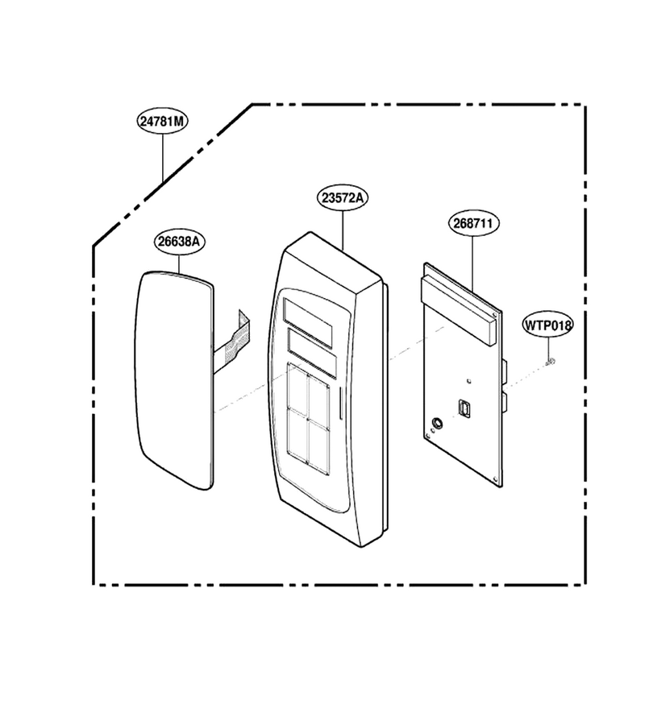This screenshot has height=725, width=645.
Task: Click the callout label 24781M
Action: tap(162, 121)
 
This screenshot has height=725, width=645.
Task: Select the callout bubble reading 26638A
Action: tap(179, 242)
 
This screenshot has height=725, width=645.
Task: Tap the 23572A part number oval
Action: tap(343, 198)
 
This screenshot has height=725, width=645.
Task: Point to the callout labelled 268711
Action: tap(473, 223)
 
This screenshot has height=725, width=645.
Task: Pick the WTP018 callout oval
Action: tap(548, 325)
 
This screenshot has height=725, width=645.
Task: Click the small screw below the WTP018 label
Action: tap(550, 361)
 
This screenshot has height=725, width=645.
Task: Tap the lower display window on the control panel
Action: tap(312, 351)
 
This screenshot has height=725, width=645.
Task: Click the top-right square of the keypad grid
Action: tap(318, 401)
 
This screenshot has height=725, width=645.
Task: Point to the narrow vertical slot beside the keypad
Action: tap(341, 404)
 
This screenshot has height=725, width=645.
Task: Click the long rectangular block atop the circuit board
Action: tap(459, 310)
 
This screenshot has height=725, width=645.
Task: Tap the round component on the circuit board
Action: tap(436, 423)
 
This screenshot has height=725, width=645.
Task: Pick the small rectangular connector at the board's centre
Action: tap(465, 409)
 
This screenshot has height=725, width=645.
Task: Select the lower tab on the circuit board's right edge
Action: tap(505, 403)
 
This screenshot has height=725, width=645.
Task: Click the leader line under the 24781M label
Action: tap(163, 157)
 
